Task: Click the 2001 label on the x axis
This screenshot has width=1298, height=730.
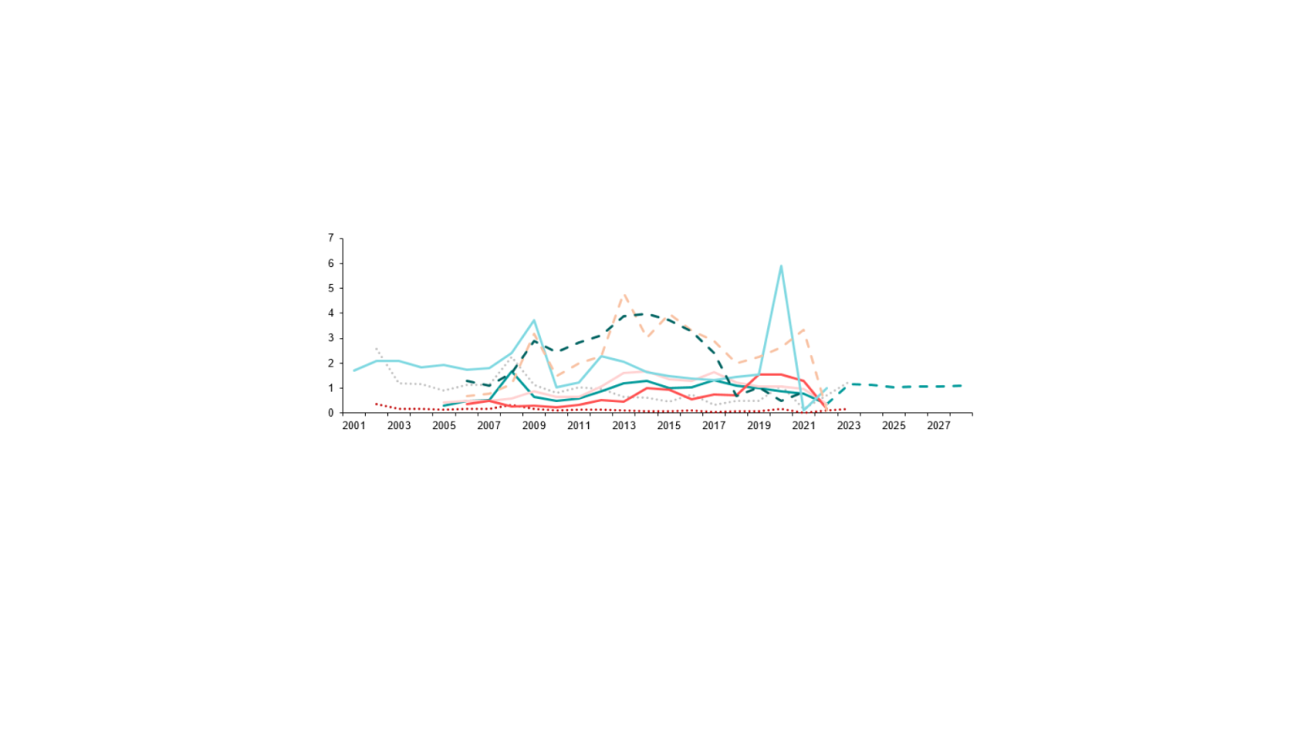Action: (354, 426)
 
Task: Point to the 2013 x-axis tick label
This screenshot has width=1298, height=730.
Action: (624, 426)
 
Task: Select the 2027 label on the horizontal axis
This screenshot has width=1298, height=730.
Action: (939, 426)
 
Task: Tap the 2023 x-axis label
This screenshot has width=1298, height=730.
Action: (848, 426)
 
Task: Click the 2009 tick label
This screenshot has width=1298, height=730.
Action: (534, 426)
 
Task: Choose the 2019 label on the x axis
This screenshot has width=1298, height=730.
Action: (759, 426)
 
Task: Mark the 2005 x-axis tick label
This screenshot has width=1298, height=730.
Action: (444, 426)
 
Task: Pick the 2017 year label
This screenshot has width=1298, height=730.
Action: (714, 426)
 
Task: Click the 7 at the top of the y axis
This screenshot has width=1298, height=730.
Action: (331, 238)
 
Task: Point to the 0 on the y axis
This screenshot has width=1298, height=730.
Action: (331, 413)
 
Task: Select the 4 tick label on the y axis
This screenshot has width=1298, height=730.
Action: (331, 313)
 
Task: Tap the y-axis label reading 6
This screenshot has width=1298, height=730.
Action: (331, 264)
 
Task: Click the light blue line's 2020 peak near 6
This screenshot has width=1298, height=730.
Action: (781, 266)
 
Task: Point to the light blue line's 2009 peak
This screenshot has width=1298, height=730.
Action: (534, 320)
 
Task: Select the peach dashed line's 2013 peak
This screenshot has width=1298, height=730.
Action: (624, 295)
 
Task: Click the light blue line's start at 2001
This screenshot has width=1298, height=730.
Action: (354, 370)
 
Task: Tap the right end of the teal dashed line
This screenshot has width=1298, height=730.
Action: (962, 385)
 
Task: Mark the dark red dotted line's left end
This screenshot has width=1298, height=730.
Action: (376, 404)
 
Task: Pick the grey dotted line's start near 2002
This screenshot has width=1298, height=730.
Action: (376, 348)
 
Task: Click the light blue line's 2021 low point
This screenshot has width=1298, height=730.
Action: (804, 410)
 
